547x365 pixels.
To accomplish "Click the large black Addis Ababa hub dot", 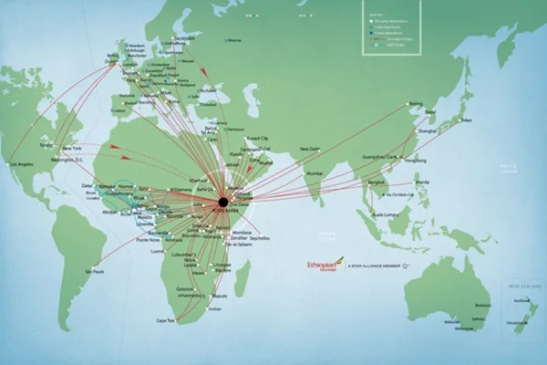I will pyautogui.click(x=222, y=201).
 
